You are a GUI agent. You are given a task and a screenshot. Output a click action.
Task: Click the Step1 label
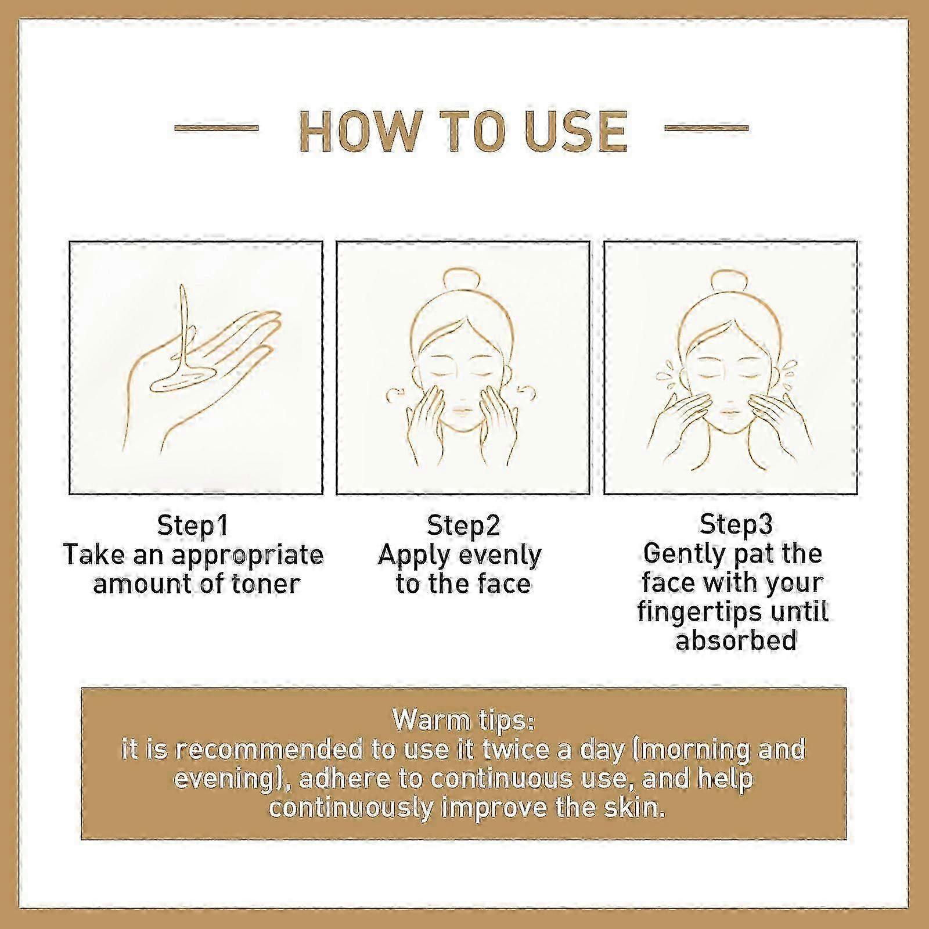(x=193, y=527)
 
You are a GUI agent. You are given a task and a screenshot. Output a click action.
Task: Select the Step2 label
(x=463, y=527)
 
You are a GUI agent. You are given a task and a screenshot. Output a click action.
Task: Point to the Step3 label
(x=736, y=525)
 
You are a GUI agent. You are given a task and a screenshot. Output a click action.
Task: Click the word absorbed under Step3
(x=736, y=641)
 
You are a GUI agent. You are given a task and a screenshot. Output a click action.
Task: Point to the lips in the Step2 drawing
(x=460, y=410)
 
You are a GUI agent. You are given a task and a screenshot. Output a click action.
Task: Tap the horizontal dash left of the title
(x=217, y=128)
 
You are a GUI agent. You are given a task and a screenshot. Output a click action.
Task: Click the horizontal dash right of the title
(x=705, y=128)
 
